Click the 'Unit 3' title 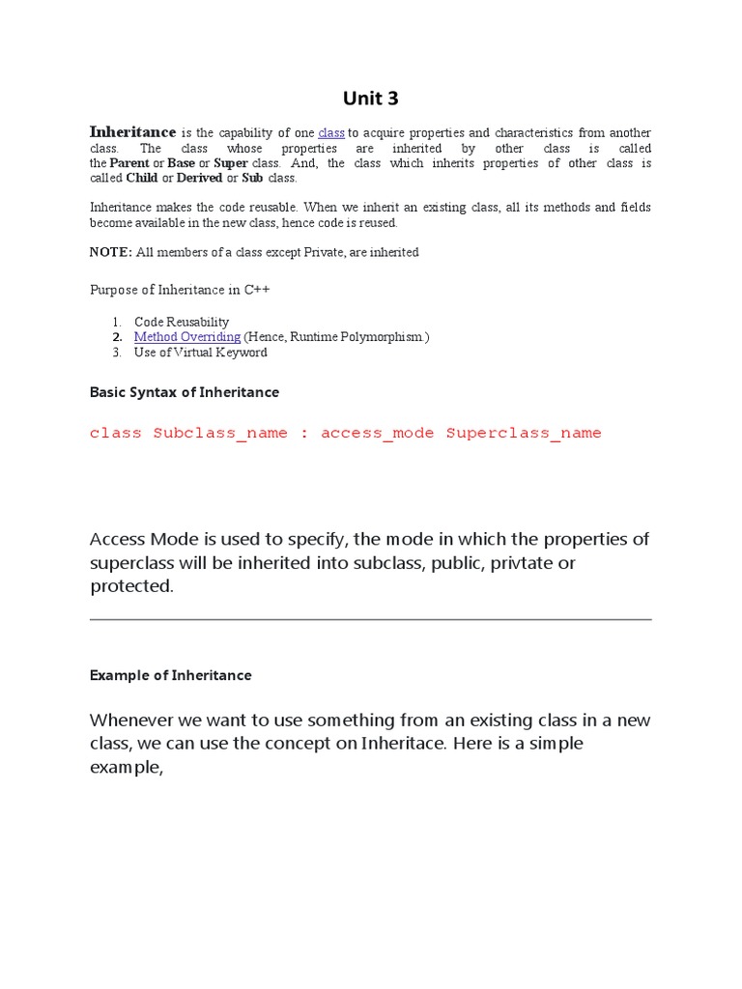click(x=371, y=98)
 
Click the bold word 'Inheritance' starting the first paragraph click(x=132, y=132)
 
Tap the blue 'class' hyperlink click(x=331, y=133)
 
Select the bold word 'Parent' click(x=129, y=163)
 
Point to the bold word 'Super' click(x=231, y=163)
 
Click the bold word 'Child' click(x=142, y=179)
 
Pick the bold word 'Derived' click(x=200, y=179)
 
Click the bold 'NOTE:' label click(x=110, y=252)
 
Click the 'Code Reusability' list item click(x=182, y=322)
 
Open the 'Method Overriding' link click(x=187, y=337)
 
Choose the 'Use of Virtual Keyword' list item click(x=201, y=353)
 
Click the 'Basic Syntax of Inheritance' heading click(x=185, y=392)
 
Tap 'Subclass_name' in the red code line click(x=220, y=434)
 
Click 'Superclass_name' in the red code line click(x=524, y=434)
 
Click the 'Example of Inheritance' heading click(x=170, y=675)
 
